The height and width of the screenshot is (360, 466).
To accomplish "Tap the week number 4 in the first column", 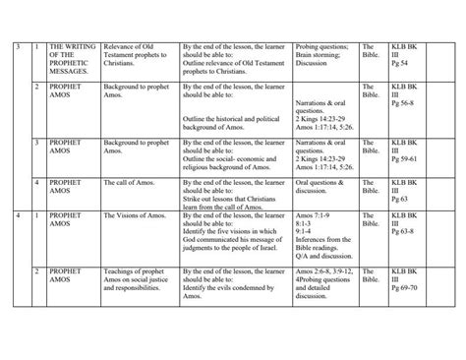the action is (17, 212).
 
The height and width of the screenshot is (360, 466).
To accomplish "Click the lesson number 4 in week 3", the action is (36, 183).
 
